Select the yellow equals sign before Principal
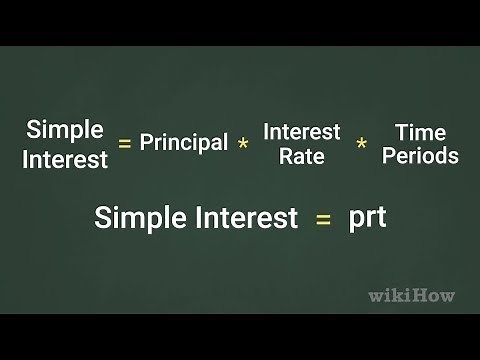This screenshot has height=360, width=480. click(x=125, y=144)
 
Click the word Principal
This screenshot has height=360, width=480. click(x=184, y=143)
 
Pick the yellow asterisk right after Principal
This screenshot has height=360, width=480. click(x=243, y=145)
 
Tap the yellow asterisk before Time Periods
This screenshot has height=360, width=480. click(x=361, y=145)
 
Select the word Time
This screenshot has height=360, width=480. click(x=420, y=131)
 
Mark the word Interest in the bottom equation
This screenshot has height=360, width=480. click(x=244, y=217)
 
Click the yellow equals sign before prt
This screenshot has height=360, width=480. click(x=323, y=219)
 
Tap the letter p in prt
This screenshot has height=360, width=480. click(x=355, y=219)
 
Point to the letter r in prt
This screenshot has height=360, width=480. click(x=369, y=218)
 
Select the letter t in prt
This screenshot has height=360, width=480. click(x=380, y=217)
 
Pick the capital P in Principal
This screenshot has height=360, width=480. click(x=146, y=142)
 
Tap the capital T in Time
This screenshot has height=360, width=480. click(x=401, y=131)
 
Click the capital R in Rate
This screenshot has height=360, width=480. click(x=285, y=156)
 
